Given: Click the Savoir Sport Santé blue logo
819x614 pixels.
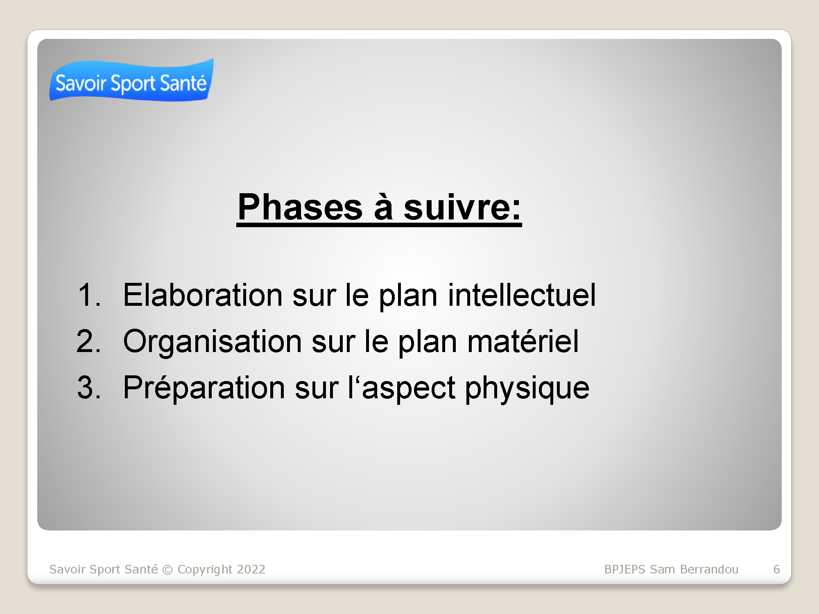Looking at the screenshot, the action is pos(131,80).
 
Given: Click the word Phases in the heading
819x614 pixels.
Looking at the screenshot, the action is pos(300,207).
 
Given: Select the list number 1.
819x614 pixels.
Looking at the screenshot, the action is pos(89,295).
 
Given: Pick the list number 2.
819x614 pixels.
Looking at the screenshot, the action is pos(88,341).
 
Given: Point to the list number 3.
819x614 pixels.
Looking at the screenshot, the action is pos(89,387).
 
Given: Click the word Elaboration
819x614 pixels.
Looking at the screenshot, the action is pos(203,295).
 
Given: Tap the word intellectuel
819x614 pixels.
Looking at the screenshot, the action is pos(522,295).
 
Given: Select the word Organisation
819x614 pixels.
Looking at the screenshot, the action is pos(213,341).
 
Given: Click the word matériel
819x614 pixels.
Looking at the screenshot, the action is pos(523,341).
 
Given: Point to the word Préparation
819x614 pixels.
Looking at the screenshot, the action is pos(204,387).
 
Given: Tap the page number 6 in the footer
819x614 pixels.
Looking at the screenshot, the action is pos(776,569).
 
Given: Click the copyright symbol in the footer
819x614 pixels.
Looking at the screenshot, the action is pos(167,570).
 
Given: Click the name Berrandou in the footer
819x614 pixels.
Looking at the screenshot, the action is pos(709,569).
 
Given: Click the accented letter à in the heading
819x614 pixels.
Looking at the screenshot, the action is pos(383,207).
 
